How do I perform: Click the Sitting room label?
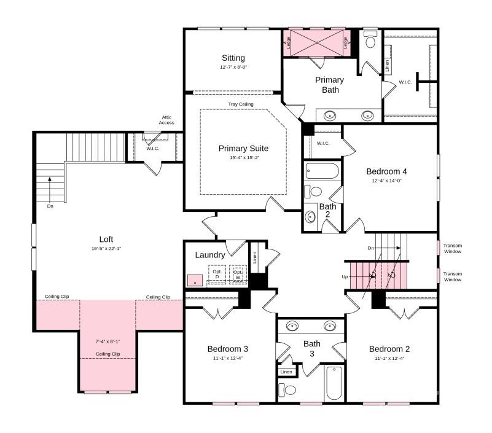point(233,58)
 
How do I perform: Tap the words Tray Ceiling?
point(241,104)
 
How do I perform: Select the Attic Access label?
point(166,120)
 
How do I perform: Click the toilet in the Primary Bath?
point(370,41)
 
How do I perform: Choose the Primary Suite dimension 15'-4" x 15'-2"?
point(243,158)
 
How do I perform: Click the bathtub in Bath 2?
point(322,171)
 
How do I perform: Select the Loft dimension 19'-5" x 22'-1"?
point(106,249)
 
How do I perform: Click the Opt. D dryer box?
point(217,274)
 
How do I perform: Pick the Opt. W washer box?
point(238,274)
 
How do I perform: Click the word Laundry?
point(210,255)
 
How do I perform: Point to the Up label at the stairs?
point(345,277)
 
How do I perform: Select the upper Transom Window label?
point(453,248)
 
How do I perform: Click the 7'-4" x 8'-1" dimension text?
point(107,341)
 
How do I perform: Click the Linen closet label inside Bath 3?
point(286,372)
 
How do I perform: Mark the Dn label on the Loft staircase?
point(50,206)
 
